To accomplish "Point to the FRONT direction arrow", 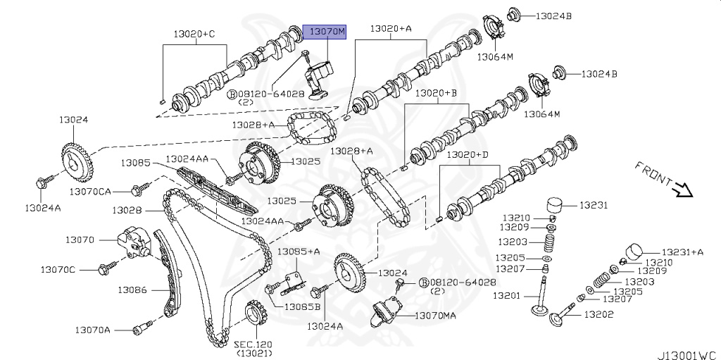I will (682, 190).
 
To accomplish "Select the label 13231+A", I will (681, 252).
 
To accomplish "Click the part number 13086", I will (132, 289).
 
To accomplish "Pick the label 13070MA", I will (434, 316).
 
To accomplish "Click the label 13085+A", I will (298, 252).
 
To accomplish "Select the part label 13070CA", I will (90, 191).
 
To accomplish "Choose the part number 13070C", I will (58, 269).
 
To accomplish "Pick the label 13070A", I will (94, 329).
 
